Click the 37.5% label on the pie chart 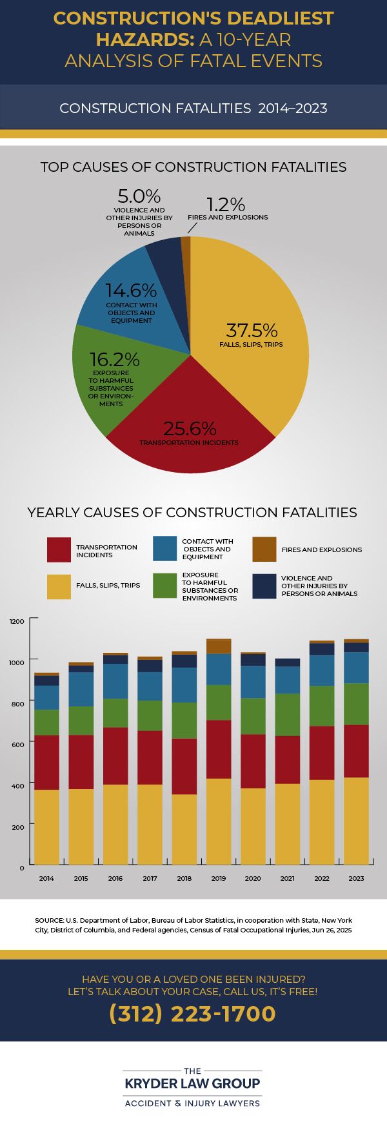point(252,330)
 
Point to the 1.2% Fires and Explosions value point(226,205)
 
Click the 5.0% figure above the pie point(139,196)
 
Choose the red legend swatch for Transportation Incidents point(59,550)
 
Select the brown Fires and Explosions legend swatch point(264,549)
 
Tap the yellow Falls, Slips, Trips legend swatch point(59,586)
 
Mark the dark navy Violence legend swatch point(264,586)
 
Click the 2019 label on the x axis point(219,878)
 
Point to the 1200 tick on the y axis point(17,621)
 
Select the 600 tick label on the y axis point(17,744)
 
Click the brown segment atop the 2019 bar point(219,646)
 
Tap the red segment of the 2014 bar point(46,763)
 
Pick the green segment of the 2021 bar point(288,715)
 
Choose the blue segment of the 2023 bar point(356,668)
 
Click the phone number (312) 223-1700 point(193,1013)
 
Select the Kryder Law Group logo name point(193,1083)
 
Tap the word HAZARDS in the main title point(142,39)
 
